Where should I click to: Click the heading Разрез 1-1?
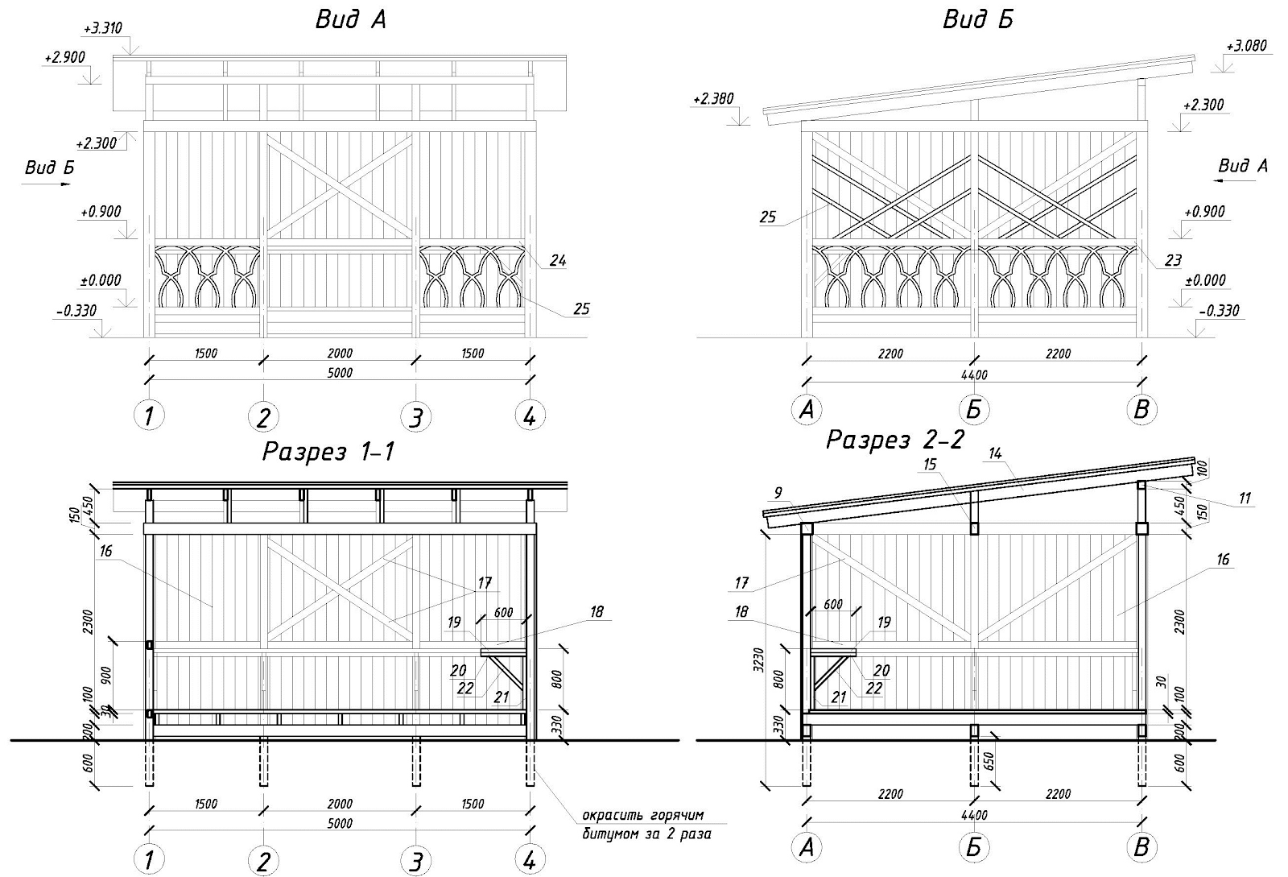[328, 453]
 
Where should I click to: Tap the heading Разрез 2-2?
[895, 440]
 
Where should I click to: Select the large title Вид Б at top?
[977, 19]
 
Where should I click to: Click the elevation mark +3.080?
[1245, 46]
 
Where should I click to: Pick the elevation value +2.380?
[712, 99]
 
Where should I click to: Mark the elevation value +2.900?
[66, 58]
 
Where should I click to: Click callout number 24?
[557, 260]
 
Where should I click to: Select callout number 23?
[1173, 260]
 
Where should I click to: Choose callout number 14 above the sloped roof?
[995, 454]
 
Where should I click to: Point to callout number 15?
[930, 465]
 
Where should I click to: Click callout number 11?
[1245, 498]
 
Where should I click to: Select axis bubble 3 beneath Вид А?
[415, 416]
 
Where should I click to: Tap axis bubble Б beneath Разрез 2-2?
[974, 846]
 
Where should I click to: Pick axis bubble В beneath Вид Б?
[1141, 410]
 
